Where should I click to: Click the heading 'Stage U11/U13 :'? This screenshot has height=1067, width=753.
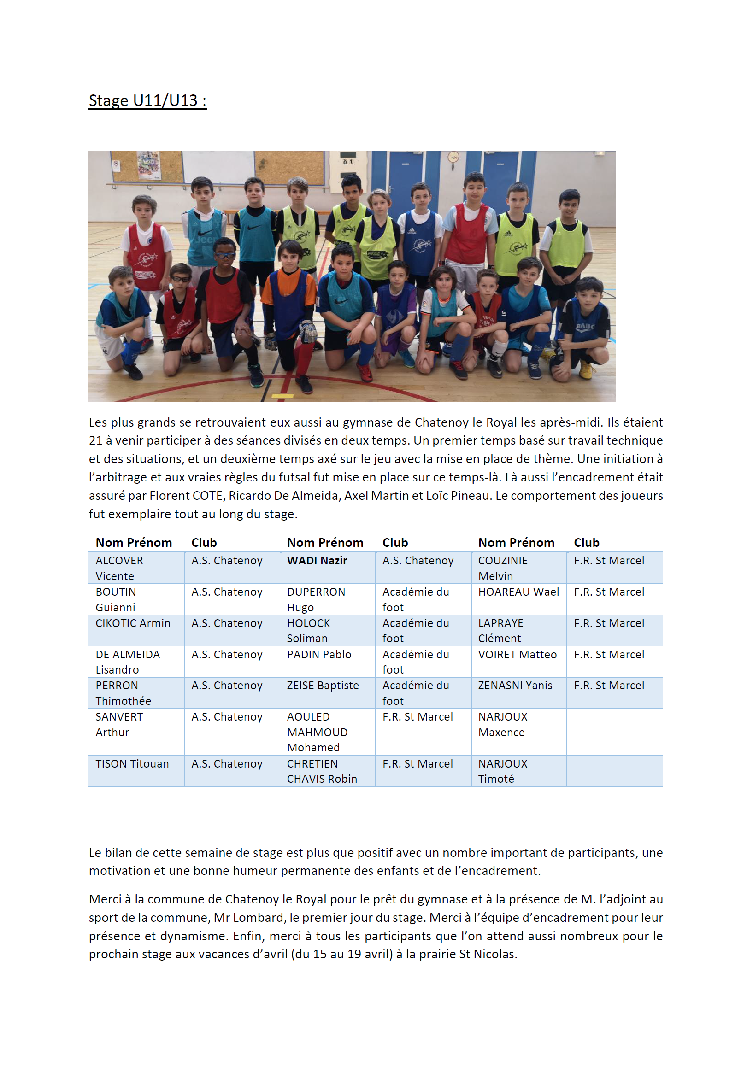(147, 100)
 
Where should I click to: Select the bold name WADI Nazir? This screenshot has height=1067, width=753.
(317, 561)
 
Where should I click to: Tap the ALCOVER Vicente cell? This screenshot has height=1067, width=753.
(119, 568)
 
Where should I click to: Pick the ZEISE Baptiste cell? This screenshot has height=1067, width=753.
(323, 686)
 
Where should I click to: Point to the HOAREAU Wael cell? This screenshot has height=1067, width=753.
(518, 592)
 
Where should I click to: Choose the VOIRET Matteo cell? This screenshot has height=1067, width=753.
(517, 654)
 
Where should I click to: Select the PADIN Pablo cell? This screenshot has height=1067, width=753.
(319, 654)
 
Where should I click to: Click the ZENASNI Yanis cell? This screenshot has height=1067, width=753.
(515, 686)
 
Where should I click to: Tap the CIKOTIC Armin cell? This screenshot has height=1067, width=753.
(133, 623)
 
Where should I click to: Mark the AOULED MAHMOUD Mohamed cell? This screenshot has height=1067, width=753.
(317, 732)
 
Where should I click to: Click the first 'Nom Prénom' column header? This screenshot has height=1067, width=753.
(134, 542)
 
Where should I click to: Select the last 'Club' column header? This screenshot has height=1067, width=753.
(586, 542)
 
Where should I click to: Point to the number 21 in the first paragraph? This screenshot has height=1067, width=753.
(95, 440)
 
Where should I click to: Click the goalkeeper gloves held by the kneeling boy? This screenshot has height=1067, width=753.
(307, 330)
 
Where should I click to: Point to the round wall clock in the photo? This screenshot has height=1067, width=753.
(453, 157)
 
